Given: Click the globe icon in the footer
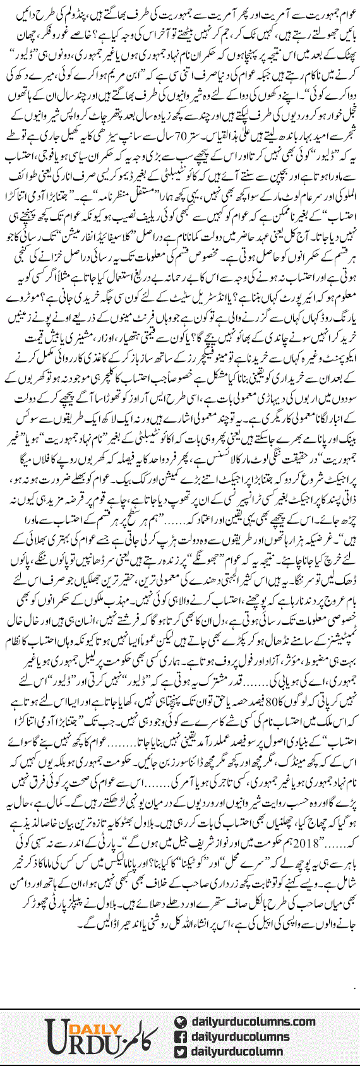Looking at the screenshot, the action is click(180, 1022).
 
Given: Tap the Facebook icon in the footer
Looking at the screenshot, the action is click(180, 1036).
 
